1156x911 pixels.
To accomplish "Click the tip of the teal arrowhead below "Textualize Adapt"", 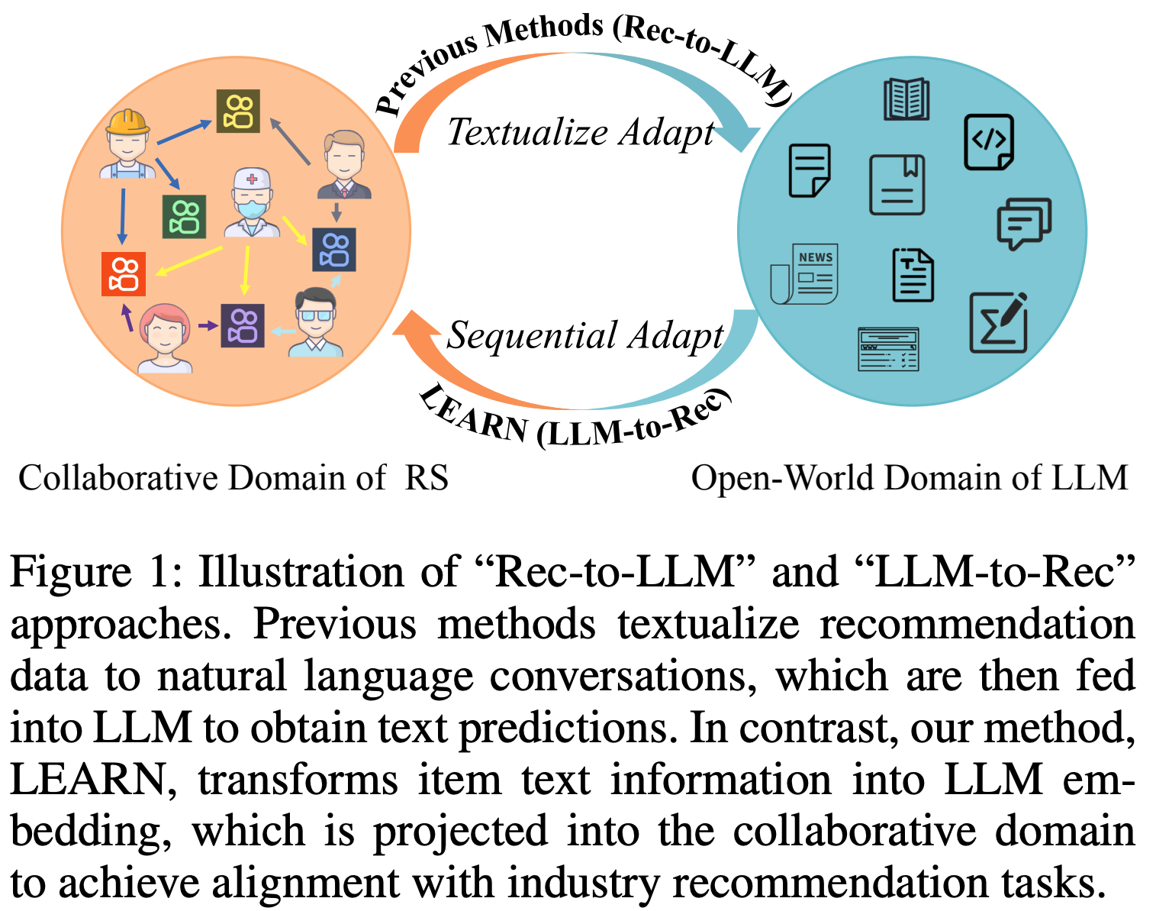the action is tap(742, 152).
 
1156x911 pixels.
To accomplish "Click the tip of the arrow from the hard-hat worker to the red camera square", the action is tap(123, 245).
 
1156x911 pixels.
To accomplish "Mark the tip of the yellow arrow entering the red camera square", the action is tap(155, 276).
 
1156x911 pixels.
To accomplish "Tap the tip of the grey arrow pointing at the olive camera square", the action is tap(270, 118).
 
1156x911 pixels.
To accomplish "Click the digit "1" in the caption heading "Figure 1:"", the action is tap(160, 572).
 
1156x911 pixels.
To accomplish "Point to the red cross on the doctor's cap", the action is tap(251, 179).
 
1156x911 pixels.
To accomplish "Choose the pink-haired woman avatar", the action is tap(164, 338).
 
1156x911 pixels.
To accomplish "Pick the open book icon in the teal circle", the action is tap(906, 99).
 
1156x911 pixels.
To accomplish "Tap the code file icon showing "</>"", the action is tap(989, 142).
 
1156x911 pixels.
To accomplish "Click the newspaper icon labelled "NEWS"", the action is tap(804, 274).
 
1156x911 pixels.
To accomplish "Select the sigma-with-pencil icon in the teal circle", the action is tap(999, 323).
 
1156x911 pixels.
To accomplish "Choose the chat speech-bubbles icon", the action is tap(1024, 224).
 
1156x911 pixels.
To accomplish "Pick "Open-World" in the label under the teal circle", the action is tap(782, 478).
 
